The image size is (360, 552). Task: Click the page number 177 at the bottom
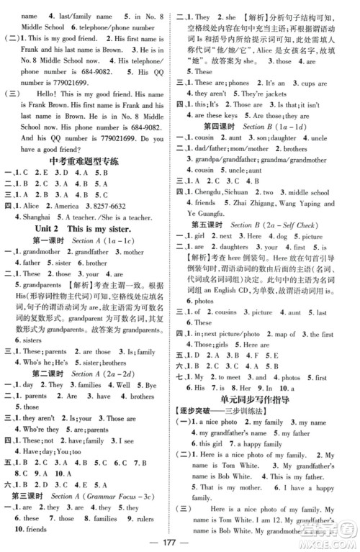(x=180, y=542)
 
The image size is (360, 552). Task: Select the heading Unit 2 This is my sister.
(x=91, y=245)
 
